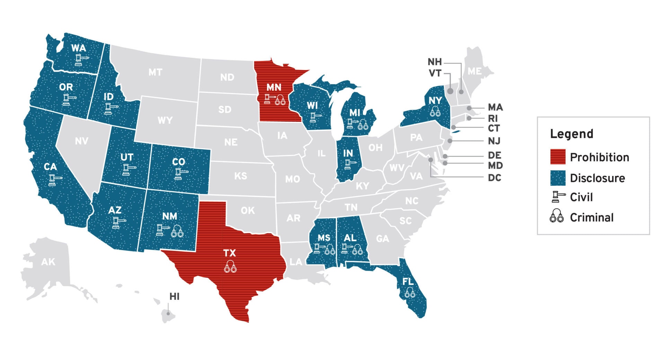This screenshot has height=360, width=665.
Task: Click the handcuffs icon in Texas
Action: point(230,266)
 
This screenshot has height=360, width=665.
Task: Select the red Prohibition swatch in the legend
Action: point(558,157)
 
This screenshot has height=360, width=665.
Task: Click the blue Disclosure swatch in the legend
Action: point(558,178)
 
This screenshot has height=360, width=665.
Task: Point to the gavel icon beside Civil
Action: point(558,197)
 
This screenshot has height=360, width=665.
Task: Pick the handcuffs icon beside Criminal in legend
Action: point(557,216)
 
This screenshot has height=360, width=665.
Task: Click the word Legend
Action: point(571,134)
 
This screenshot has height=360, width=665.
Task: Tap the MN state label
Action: point(274,87)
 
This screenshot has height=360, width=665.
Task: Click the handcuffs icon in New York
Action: point(435,112)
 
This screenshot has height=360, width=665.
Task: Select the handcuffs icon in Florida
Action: point(410,293)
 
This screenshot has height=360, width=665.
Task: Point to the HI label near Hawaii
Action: point(174,297)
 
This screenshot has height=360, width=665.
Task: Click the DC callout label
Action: point(494,178)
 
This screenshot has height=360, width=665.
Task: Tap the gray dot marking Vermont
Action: point(450,91)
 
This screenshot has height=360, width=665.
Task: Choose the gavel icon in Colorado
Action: point(180,174)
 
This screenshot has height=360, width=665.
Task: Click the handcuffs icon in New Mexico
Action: point(177,231)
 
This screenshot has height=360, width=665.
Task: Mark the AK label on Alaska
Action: point(48,262)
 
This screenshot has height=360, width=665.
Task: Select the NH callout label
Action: point(435,62)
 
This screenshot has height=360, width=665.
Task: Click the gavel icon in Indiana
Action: point(350,164)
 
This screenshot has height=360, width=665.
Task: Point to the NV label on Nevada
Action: point(81,141)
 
